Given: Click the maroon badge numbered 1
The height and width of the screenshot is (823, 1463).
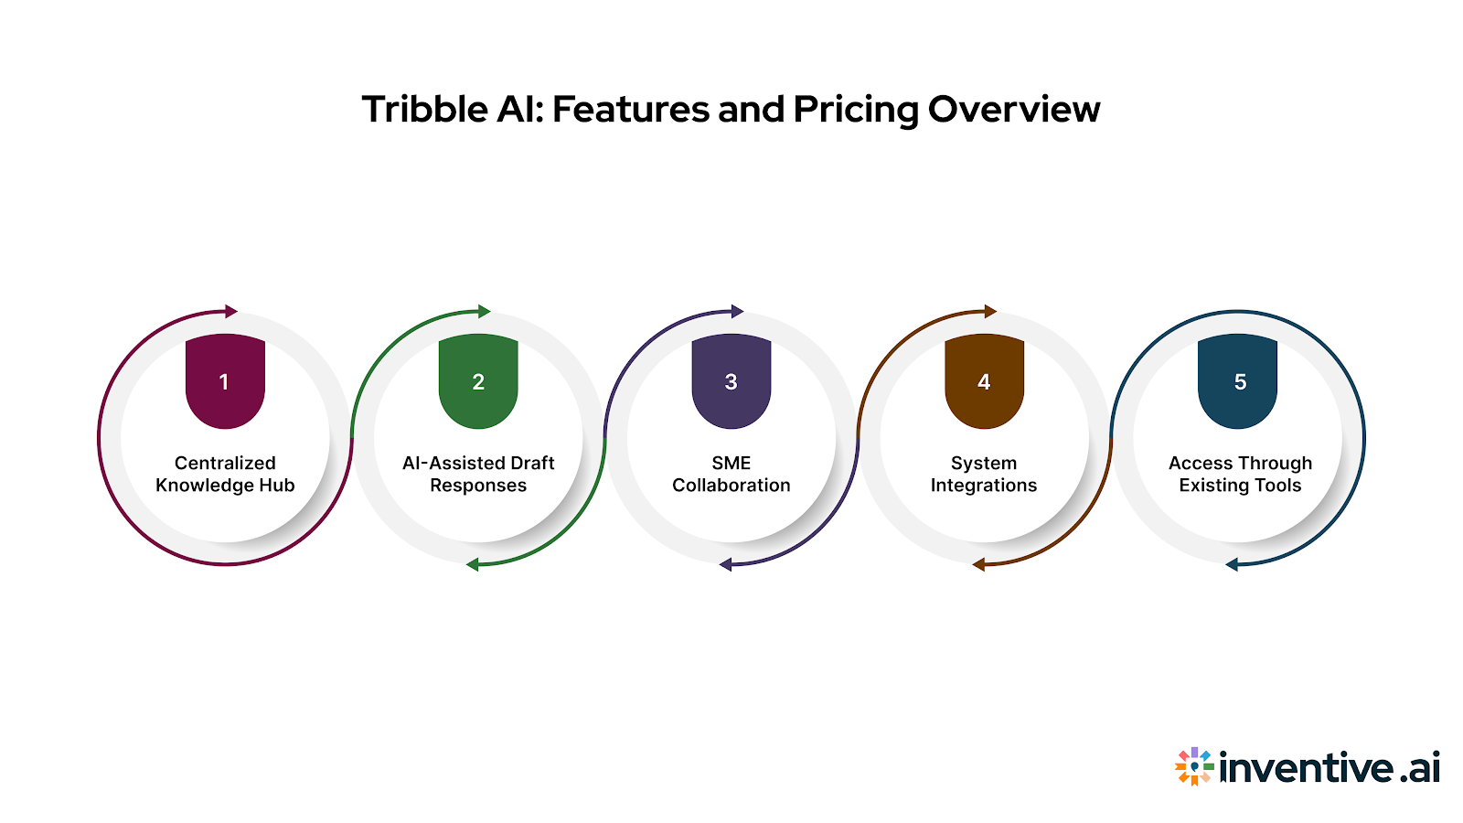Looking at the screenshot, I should (x=225, y=381).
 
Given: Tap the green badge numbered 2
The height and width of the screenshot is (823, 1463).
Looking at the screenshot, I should (x=478, y=381).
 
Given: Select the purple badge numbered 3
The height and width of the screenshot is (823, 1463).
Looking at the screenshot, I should (x=731, y=381).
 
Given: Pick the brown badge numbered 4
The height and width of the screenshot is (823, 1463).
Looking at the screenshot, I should (x=984, y=381).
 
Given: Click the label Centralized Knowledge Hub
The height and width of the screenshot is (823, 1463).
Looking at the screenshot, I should (x=225, y=474).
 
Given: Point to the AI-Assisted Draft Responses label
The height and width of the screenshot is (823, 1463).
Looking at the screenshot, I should (x=478, y=474).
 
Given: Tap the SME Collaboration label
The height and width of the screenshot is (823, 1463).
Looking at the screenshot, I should (x=731, y=474).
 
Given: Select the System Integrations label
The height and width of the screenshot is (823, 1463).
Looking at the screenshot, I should (x=984, y=474).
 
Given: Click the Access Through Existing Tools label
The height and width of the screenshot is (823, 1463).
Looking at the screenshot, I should (x=1240, y=474).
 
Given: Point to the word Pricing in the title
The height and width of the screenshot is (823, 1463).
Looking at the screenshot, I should (x=856, y=111).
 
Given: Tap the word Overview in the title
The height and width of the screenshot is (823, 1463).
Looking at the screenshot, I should (x=1014, y=110).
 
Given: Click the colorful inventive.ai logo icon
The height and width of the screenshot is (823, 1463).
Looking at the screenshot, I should (x=1194, y=766).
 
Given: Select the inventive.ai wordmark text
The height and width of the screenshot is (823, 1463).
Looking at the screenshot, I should (x=1330, y=767).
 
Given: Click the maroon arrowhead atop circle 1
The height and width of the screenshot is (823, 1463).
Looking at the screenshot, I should (x=230, y=312).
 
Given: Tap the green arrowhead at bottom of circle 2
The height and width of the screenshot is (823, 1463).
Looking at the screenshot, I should (x=473, y=564).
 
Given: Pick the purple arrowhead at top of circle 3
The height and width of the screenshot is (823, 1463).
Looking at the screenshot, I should (x=737, y=312).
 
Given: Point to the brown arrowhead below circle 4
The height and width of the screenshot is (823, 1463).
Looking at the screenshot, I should (x=978, y=564).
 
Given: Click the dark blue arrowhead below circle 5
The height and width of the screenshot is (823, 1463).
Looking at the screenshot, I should (x=1232, y=564).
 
